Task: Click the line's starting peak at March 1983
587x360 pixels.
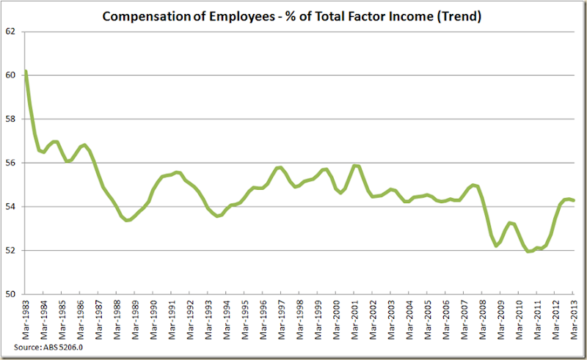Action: tap(26, 71)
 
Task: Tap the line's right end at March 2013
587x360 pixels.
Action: tap(572, 200)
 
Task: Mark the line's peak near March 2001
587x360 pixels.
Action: tap(355, 166)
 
